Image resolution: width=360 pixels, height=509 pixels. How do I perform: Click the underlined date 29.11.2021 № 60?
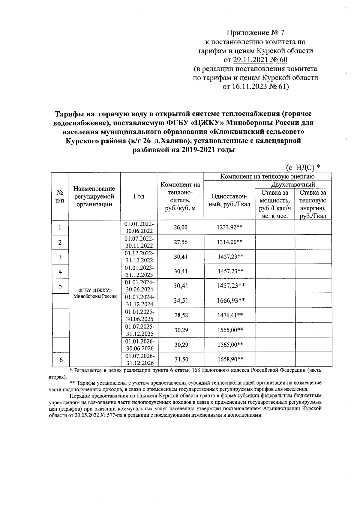[x=260, y=60]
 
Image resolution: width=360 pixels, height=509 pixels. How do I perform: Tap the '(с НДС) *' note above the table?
[x=302, y=167]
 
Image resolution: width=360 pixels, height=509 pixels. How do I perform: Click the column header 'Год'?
[x=139, y=196]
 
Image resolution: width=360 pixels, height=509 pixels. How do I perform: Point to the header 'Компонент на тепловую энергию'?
[x=267, y=176]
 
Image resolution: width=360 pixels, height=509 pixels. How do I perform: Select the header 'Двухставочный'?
[x=293, y=184]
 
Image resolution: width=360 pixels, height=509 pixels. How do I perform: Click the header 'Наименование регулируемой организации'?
[x=94, y=196]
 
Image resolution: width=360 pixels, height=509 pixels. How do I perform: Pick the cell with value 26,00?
[x=180, y=228]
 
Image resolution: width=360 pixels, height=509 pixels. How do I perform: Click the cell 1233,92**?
[x=229, y=228]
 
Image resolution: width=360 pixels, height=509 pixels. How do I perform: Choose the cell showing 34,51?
[x=180, y=301]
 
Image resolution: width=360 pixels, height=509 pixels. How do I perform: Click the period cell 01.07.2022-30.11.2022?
[x=139, y=242]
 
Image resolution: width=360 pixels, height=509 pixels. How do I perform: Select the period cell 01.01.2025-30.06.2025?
[x=139, y=315]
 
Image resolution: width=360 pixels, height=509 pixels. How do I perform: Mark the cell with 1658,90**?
[x=229, y=359]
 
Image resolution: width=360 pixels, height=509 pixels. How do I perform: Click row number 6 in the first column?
[x=60, y=359]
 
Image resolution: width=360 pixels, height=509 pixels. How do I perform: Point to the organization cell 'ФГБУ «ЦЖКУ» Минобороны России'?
[x=94, y=293]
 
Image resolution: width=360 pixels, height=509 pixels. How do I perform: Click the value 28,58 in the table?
[x=180, y=315]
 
